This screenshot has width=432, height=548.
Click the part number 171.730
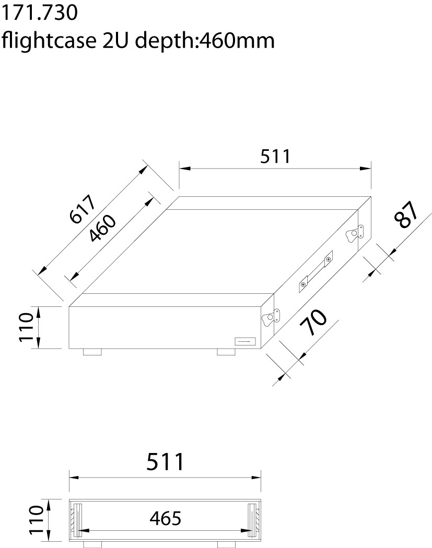39,13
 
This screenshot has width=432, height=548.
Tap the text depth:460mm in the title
205,41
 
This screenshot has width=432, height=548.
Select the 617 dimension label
83,209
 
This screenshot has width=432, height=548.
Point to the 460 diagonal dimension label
102,228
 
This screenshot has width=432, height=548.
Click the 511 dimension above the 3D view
275,156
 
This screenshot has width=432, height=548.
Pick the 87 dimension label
406,215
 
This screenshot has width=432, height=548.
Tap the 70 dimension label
313,321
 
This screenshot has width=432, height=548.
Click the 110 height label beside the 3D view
26,327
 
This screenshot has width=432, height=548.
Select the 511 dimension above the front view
165,462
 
